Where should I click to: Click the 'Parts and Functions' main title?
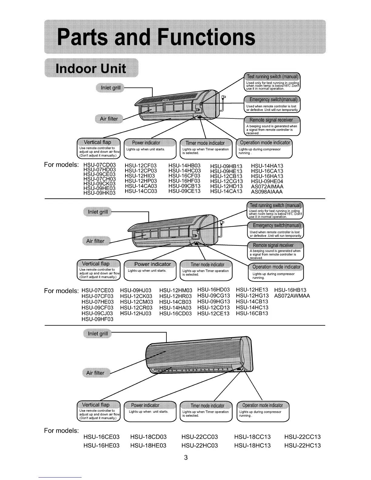coord(156,37)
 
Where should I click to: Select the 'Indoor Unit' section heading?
coord(91,68)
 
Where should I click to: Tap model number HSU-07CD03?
coord(99,165)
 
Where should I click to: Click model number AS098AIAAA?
coord(267,192)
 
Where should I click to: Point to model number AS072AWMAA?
coord(292,296)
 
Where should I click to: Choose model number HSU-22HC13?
coord(302,445)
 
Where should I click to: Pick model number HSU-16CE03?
coord(101,437)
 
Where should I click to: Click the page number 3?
coord(186,457)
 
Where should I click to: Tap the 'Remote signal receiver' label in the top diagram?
coord(271,120)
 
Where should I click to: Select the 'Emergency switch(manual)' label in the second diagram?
coord(277,225)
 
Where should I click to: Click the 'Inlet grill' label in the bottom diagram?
coord(98,334)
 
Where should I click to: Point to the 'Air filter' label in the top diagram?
coord(109,119)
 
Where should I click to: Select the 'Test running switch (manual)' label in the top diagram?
coord(272,76)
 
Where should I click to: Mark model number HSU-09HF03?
coord(97,319)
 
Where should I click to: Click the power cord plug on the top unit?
coord(224,97)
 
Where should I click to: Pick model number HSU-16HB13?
coord(290,290)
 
